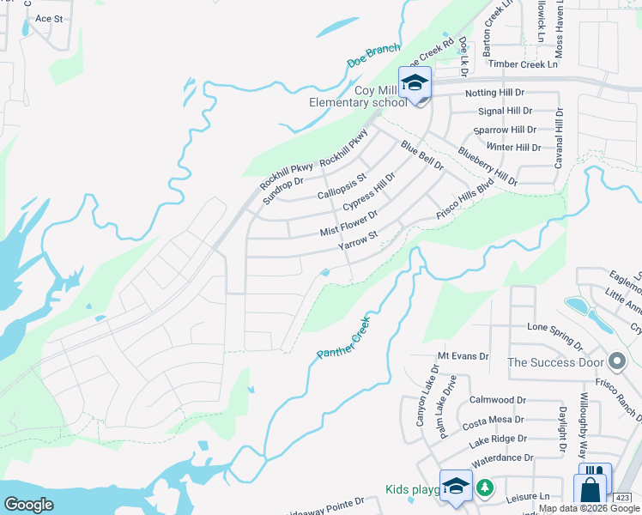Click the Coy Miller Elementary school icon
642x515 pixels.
(415, 83)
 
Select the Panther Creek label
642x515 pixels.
(342, 337)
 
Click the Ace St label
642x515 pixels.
(49, 18)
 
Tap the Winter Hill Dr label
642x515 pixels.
(514, 147)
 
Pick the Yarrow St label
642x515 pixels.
(358, 240)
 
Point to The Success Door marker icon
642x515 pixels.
(615, 361)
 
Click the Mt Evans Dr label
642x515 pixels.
(463, 355)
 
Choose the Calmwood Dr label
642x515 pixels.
(497, 400)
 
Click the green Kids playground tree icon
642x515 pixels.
(485, 488)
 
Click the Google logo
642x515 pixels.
(29, 505)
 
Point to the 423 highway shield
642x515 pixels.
(623, 498)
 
